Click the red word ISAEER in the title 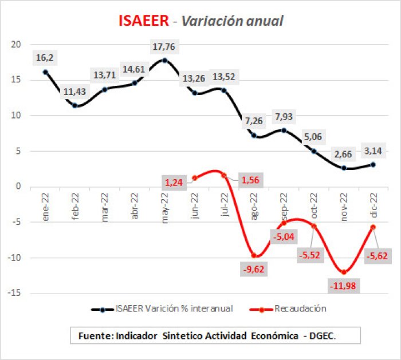pos(144,21)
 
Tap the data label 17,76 pos(164,47)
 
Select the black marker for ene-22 pos(45,72)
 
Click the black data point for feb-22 pos(74,105)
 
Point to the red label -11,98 pos(343,286)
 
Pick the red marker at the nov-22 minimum pos(344,272)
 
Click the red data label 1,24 pos(174,183)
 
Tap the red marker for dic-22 pos(373,227)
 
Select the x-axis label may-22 pos(165,208)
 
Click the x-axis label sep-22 pos(284,207)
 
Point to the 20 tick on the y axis pos(16,45)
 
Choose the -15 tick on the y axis pos(14,293)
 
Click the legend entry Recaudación pos(300,308)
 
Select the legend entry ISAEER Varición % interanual pos(174,308)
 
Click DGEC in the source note pos(322,336)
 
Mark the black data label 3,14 pos(373,151)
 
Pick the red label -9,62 pos(254,270)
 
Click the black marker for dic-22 pos(373,164)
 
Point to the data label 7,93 pos(284,117)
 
